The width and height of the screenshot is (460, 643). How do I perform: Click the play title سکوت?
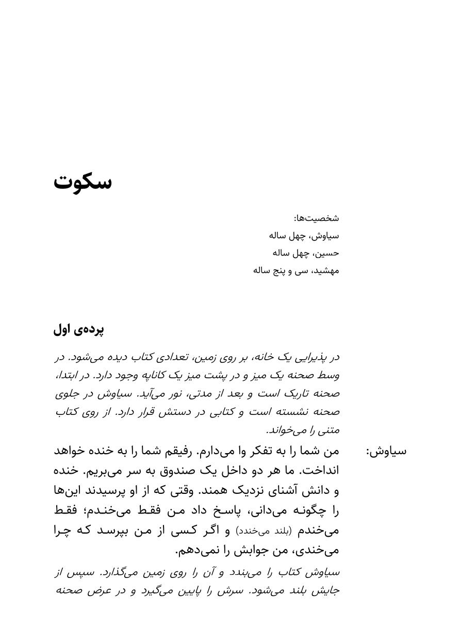pos(83,182)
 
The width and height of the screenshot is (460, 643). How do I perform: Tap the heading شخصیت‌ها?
pos(317,218)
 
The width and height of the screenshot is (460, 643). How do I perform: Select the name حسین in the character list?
pos(327,253)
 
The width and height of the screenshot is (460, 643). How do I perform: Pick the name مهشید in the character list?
pos(325,271)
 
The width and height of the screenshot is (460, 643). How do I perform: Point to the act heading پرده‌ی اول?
pos(79,330)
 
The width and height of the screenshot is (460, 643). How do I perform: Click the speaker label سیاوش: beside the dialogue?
pos(386,451)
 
